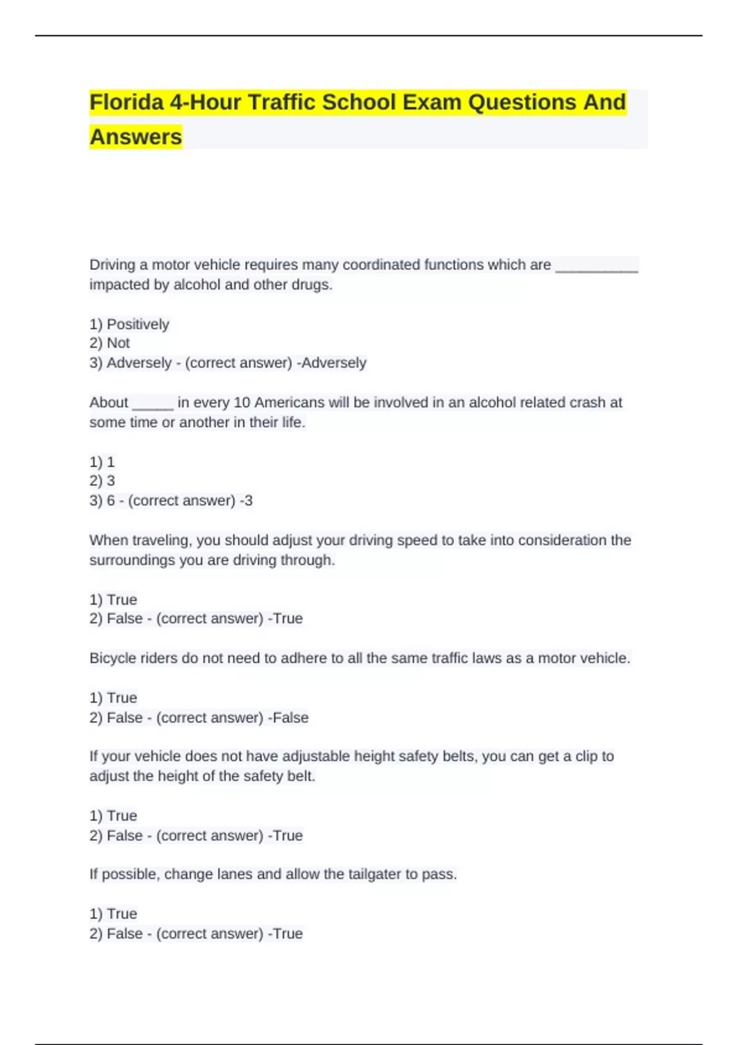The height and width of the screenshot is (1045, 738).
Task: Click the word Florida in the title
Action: (126, 102)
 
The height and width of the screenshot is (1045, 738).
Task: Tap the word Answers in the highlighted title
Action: (136, 136)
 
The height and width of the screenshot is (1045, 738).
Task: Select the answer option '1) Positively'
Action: (129, 324)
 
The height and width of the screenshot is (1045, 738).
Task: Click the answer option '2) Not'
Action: (109, 343)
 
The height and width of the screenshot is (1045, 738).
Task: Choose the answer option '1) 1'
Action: (102, 462)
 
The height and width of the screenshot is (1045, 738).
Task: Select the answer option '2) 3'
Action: (102, 481)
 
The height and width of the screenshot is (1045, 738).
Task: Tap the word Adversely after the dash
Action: (333, 363)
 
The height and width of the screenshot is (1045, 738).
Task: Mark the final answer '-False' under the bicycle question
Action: (290, 717)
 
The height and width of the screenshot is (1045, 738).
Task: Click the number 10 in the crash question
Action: (242, 403)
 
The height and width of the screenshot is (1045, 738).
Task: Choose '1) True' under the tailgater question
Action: (113, 913)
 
